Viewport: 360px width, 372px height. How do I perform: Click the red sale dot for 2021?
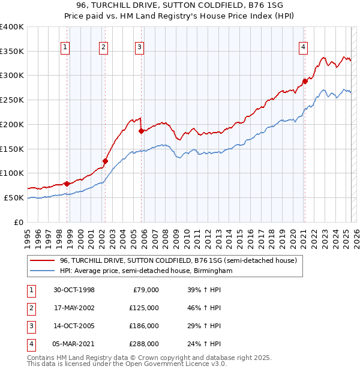tap(305, 81)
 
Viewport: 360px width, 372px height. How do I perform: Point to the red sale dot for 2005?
tap(142, 131)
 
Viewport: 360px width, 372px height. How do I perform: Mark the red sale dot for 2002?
tap(105, 161)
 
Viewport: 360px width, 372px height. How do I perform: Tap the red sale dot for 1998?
tap(67, 183)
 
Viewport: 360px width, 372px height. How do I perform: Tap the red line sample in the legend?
tap(42, 260)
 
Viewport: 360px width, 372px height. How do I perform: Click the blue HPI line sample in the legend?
tap(42, 271)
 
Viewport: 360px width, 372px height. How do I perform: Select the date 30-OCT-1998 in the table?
tap(74, 290)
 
